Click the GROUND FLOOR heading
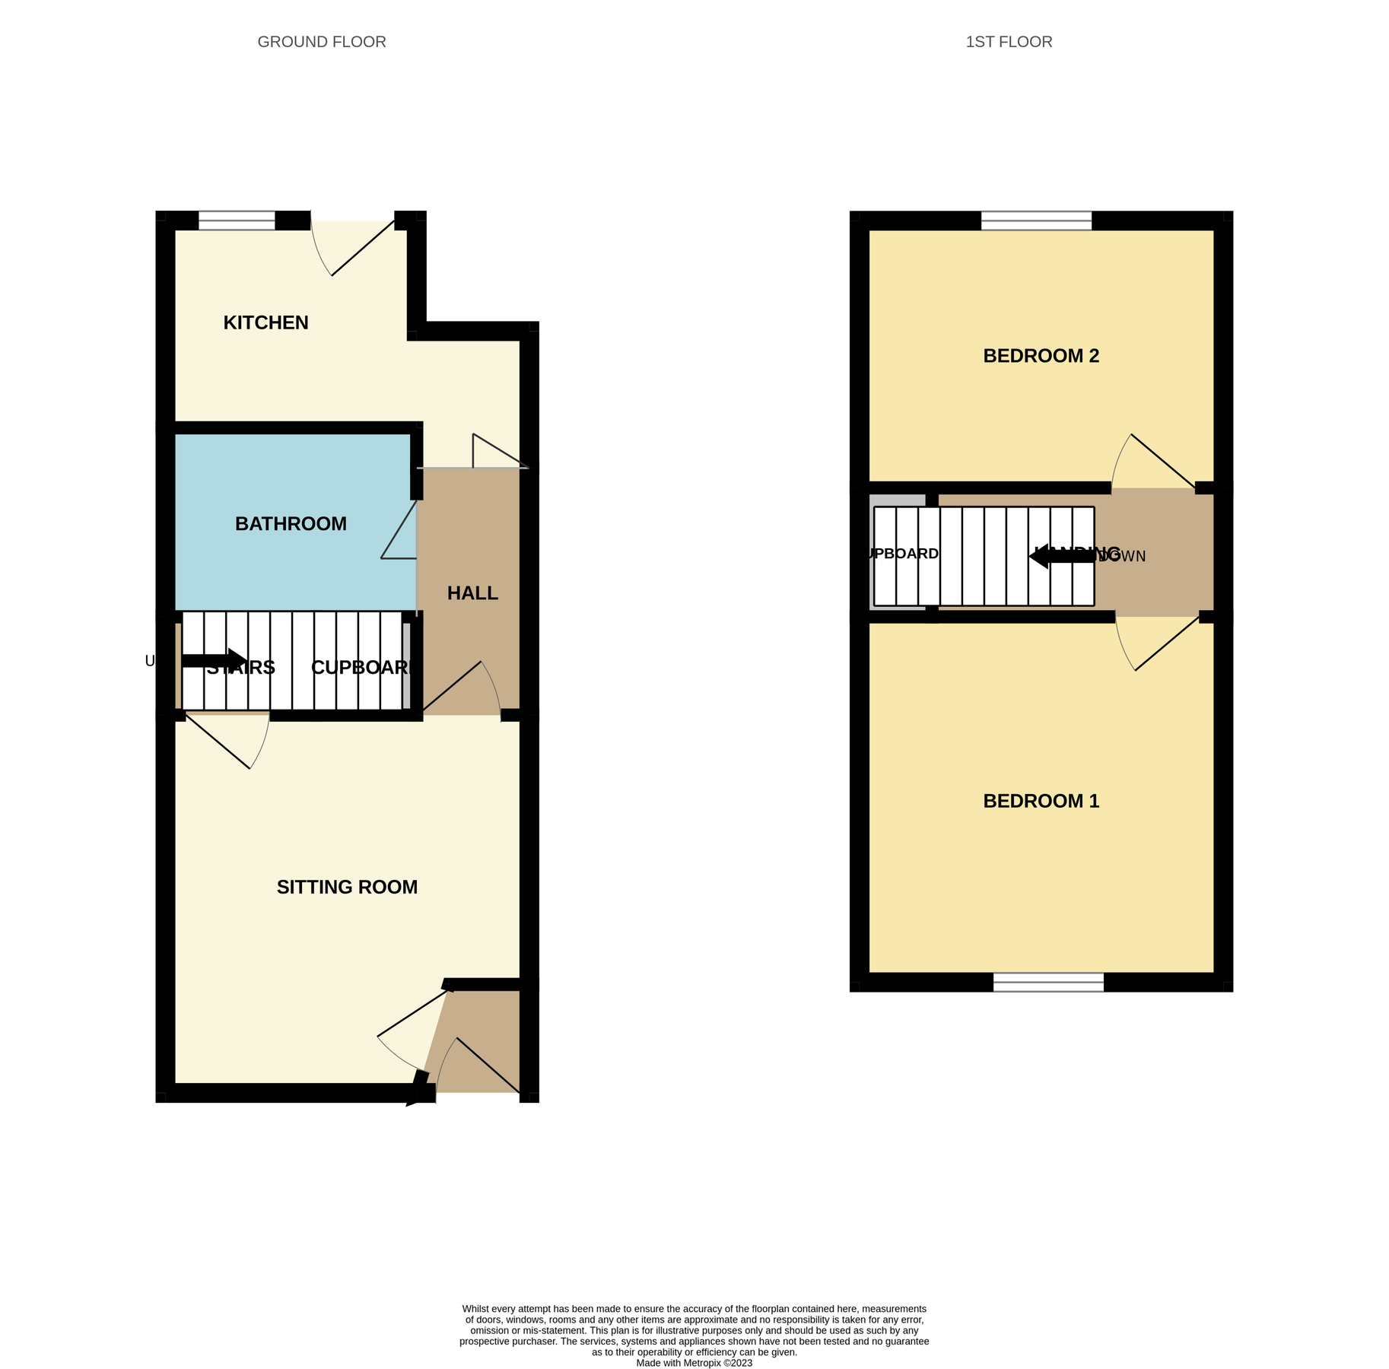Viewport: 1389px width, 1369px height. [322, 42]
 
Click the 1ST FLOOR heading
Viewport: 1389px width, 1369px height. [1009, 42]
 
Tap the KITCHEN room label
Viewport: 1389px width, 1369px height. [265, 322]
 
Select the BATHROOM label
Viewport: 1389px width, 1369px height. [291, 523]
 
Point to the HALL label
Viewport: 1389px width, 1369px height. [472, 593]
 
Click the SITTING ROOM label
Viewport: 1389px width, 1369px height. [347, 887]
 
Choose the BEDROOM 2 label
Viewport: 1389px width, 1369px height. [1041, 356]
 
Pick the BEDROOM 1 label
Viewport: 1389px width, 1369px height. [1041, 801]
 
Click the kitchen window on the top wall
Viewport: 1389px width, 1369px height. [237, 221]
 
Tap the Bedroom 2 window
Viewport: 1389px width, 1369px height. [1036, 221]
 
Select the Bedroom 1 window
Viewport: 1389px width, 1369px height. [1048, 982]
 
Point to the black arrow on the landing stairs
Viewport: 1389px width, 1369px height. [1062, 556]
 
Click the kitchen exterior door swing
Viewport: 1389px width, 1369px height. [354, 247]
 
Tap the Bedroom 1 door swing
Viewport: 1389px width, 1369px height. [1156, 643]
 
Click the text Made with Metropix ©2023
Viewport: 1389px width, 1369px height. [694, 1363]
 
